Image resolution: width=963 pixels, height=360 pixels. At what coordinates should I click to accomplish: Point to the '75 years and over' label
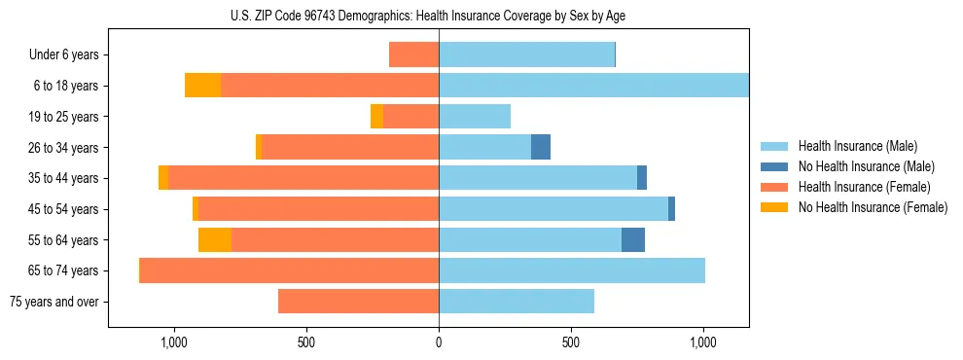click(x=53, y=302)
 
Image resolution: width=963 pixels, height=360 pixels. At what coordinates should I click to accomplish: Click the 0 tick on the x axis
click(x=439, y=342)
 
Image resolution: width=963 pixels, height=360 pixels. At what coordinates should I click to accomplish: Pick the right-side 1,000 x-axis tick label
click(x=703, y=342)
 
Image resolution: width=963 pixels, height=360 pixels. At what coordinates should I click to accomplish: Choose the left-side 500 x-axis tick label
click(x=305, y=342)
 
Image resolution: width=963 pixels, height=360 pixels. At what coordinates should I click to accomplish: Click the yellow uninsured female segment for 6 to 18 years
click(x=202, y=86)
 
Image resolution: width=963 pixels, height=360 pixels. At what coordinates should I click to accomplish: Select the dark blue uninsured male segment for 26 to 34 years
click(x=541, y=147)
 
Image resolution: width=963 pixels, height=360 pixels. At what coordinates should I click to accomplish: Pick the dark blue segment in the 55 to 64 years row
click(x=633, y=239)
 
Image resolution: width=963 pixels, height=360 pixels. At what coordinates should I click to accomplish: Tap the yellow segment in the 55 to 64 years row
click(x=215, y=239)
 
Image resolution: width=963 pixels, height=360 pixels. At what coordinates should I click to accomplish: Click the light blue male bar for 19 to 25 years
click(x=475, y=117)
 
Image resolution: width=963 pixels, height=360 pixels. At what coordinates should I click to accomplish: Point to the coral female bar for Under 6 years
click(x=413, y=55)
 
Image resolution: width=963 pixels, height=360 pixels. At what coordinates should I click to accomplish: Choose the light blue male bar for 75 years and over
click(x=517, y=302)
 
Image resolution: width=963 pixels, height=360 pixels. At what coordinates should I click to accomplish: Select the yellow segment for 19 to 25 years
click(x=376, y=117)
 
